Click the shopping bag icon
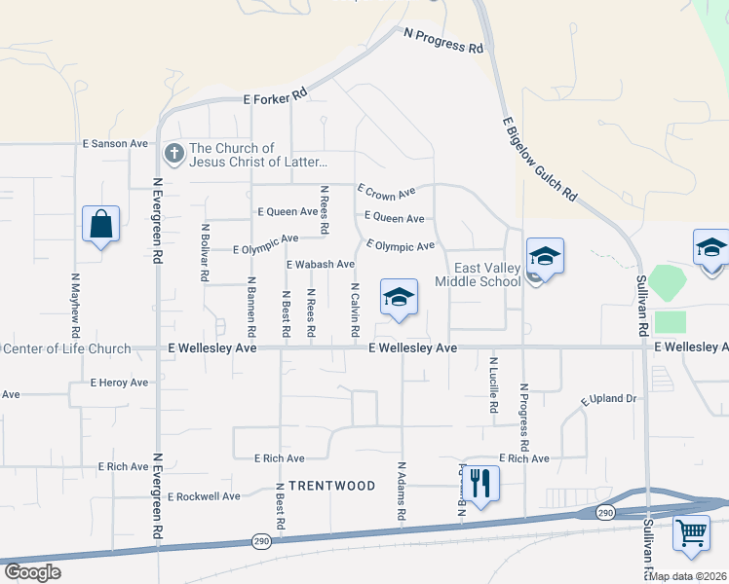[x=100, y=224]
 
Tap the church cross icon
[x=173, y=153]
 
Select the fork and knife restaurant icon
[x=480, y=481]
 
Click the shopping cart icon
[x=691, y=532]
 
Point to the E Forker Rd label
[x=276, y=95]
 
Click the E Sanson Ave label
[x=115, y=143]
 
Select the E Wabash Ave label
[x=320, y=264]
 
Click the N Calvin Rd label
[x=355, y=310]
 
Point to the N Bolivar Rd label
[x=205, y=253]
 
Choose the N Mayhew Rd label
[x=75, y=303]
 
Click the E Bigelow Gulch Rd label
[x=540, y=160]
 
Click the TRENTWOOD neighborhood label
[x=319, y=485]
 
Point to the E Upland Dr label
[x=608, y=399]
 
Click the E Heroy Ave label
[x=118, y=383]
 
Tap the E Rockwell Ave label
[x=203, y=496]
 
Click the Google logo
[x=31, y=572]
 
